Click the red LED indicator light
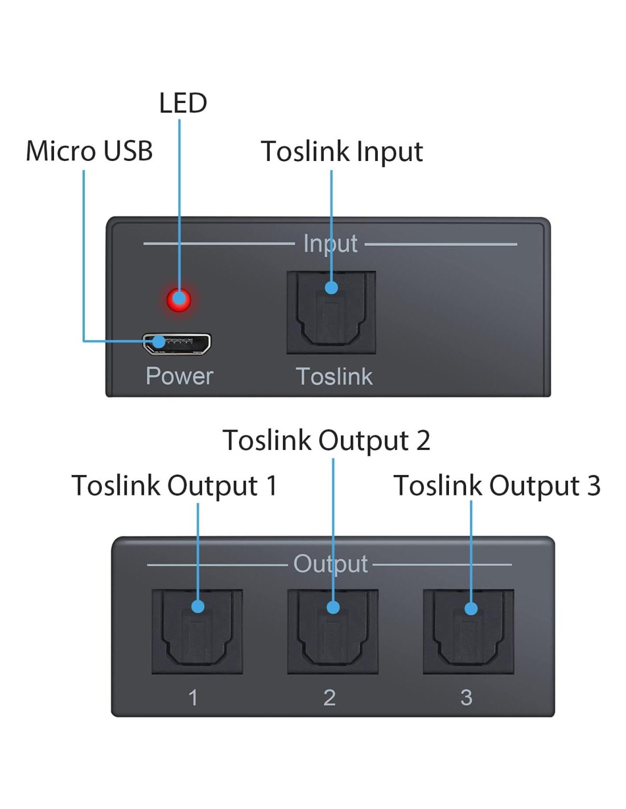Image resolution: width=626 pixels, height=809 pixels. pos(179,299)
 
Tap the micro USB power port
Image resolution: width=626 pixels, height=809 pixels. pos(177,344)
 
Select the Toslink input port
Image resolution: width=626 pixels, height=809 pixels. pos(331,312)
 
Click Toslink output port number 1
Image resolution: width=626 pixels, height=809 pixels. pos(197,631)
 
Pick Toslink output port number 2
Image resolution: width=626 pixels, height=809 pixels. pos(333,631)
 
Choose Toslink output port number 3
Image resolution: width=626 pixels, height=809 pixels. pos(468,631)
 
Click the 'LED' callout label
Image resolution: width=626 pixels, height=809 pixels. pos(183,103)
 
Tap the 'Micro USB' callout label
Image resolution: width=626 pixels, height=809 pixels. pos(89,151)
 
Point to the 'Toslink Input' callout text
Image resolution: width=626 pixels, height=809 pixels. pos(341,152)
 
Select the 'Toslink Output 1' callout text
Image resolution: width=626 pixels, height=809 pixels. pos(174,486)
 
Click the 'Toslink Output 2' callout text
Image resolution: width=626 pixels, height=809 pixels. pos(326,440)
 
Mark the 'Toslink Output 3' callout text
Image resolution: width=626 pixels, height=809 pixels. pos(497,486)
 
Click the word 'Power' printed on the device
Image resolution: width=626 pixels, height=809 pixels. pos(179,376)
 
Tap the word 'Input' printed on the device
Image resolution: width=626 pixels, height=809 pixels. pos(330,244)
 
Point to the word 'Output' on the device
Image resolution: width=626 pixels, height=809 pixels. pos(331,564)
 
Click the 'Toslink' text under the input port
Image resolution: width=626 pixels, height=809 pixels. pos(334,377)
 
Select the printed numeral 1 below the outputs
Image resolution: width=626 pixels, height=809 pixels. pos(193,697)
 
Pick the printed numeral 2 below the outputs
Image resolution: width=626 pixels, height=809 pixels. pos(330,697)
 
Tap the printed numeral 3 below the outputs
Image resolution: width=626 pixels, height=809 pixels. pos(466,697)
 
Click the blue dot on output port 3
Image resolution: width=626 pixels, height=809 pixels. pos(471,608)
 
